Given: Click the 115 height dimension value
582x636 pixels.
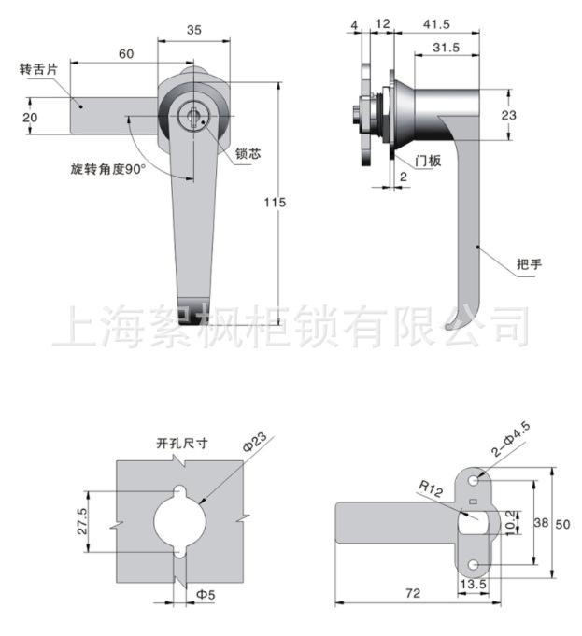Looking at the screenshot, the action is tap(276, 202).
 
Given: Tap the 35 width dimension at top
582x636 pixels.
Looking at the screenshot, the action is tap(194, 30).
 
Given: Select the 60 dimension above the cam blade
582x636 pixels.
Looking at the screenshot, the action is tap(126, 53).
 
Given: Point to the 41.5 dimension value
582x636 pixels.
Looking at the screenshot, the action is tap(436, 24).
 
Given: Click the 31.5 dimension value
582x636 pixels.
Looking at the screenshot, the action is tap(447, 48).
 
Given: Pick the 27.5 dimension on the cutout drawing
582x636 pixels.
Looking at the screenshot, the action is tap(82, 521).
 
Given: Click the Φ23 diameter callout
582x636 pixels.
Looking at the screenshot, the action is tap(255, 442).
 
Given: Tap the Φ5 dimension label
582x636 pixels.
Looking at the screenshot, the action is tap(206, 595).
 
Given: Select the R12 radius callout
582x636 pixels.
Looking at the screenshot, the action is tap(431, 488).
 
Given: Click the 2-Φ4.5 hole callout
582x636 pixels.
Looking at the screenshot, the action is tap(511, 439).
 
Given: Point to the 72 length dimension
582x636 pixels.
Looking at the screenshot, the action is tap(413, 593).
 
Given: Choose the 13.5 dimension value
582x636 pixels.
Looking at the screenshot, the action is tap(474, 584).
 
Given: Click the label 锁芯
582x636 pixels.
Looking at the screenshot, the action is tap(248, 154).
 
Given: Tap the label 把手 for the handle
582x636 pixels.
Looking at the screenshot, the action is tap(530, 264).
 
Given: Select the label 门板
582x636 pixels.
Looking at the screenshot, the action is tap(428, 161).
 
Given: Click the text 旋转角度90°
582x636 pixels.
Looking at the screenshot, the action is tap(108, 169).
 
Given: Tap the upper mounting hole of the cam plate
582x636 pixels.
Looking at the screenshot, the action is tap(474, 480).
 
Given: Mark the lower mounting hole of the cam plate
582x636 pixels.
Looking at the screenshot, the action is tap(474, 565).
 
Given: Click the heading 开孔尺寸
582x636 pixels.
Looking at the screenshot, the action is tap(182, 444).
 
